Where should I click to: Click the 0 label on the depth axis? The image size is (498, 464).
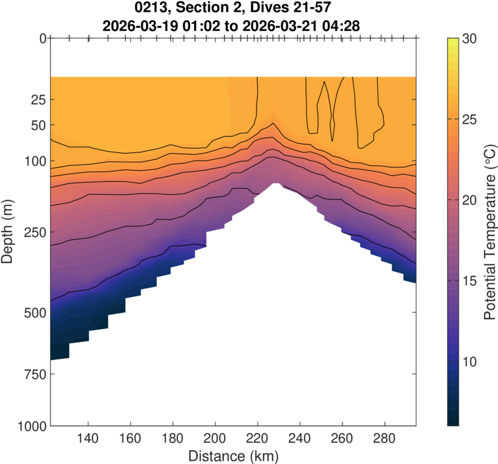(42, 38)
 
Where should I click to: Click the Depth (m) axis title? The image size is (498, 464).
(9, 232)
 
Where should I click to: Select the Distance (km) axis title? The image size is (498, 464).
(233, 455)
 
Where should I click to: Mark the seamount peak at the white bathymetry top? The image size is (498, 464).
(276, 183)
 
